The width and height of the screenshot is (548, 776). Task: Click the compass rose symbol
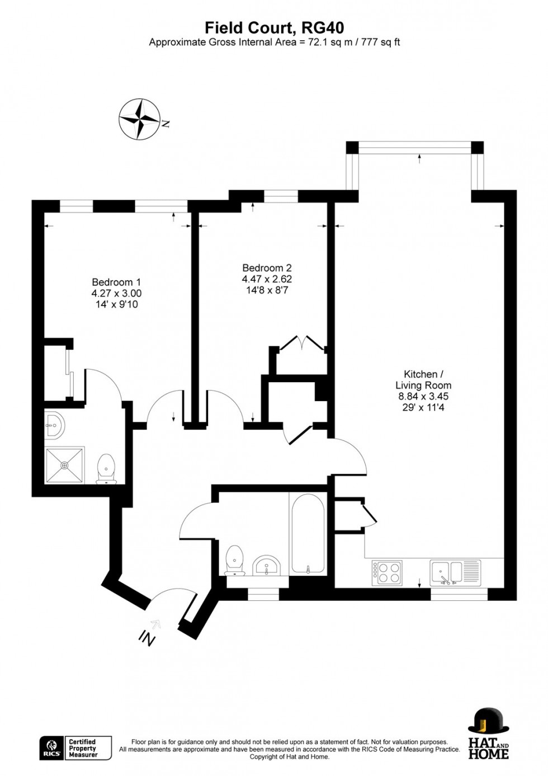pos(140,119)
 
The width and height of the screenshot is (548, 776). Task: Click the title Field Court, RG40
pos(274,27)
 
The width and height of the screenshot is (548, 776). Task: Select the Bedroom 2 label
pos(267,268)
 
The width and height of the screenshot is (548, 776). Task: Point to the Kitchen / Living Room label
pos(423,379)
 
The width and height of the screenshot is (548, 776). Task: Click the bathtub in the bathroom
pos(308,533)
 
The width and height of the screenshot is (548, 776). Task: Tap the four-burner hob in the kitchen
pos(386,572)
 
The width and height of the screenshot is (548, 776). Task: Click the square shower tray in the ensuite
pos(65,464)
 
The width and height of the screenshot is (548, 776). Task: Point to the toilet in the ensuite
pos(106,468)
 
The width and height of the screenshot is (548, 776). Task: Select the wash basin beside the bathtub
pos(267,566)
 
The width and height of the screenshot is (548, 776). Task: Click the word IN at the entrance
pos(147,638)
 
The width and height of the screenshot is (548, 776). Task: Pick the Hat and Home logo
pos(488,733)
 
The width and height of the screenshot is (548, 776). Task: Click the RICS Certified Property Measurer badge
pos(75,748)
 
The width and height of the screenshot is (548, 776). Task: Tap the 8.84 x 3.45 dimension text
pos(423,396)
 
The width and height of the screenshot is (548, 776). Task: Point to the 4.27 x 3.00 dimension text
pos(116,293)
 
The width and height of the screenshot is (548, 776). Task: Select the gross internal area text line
pos(274,43)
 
